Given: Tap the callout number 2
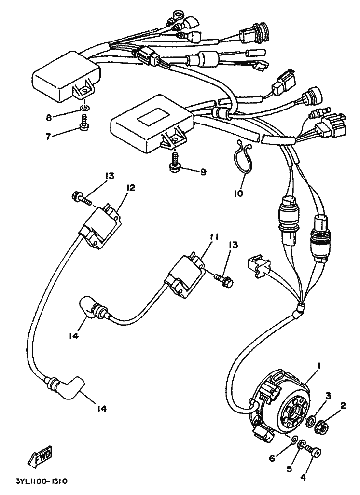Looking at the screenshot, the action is coord(343,406).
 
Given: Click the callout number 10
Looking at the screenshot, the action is coord(239,193).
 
